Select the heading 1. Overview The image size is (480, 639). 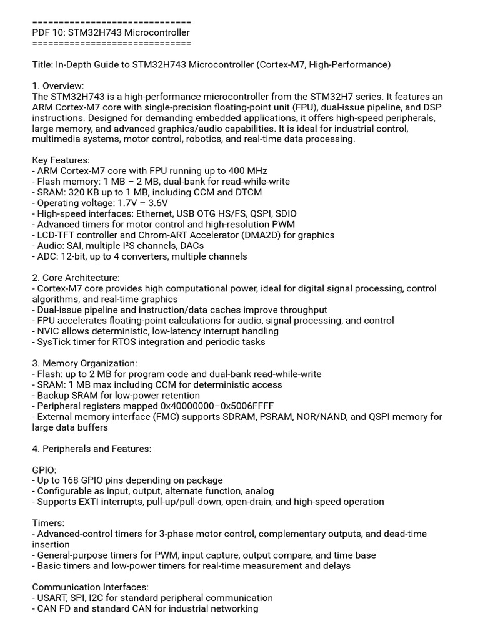(x=58, y=85)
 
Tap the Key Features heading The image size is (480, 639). (x=61, y=160)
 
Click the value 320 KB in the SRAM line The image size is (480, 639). (x=87, y=192)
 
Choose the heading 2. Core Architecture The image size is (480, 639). (x=76, y=278)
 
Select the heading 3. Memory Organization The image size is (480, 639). (x=84, y=363)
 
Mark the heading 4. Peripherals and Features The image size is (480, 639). (x=92, y=449)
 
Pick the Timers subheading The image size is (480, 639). (x=47, y=523)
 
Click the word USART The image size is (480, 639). (x=54, y=598)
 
